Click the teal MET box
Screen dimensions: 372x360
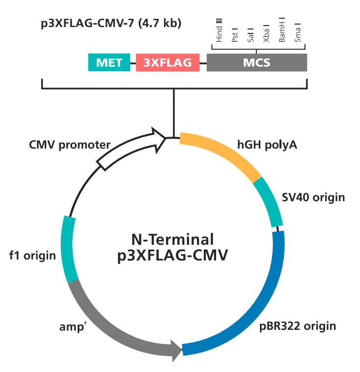coord(109,62)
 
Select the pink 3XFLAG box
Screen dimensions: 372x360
coord(167,62)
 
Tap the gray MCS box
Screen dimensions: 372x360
coord(257,62)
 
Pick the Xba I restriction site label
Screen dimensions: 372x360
coord(266,34)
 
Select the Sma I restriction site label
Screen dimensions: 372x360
coord(298,33)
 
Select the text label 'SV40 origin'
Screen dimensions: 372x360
coord(313,198)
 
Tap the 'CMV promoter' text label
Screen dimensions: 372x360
coord(70,145)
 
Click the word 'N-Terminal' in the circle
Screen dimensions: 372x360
coord(172,240)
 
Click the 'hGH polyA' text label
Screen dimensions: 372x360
coord(267,145)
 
